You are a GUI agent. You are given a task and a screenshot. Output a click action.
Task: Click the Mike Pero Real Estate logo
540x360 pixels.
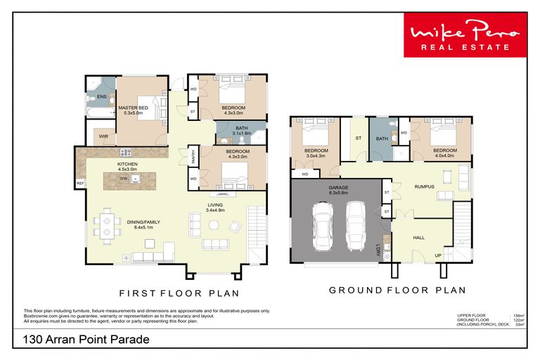click(464, 37)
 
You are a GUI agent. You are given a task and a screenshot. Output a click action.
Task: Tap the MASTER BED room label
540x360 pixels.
click(133, 108)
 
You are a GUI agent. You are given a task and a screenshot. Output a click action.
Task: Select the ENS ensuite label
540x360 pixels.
click(101, 96)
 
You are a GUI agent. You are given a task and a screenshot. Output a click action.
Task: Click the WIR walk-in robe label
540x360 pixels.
click(103, 136)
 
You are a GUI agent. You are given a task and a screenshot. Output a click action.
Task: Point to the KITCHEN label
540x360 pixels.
click(127, 164)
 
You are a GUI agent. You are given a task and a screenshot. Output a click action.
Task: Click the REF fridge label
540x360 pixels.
click(80, 184)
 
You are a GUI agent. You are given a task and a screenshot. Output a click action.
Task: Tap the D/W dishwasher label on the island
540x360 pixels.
click(123, 179)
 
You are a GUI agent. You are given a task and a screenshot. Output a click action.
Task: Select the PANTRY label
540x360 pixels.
click(193, 157)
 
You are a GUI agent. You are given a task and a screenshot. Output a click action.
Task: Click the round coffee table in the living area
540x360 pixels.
click(214, 224)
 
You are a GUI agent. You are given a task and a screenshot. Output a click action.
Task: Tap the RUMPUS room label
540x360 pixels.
click(424, 186)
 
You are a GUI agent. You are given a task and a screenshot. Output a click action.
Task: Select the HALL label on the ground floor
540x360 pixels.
click(419, 238)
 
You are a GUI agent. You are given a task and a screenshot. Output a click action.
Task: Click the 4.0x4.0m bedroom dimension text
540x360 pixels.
click(444, 155)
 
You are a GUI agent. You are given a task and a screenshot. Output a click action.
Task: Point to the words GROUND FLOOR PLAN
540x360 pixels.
click(397, 290)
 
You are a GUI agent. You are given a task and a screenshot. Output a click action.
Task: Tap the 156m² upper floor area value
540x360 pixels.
click(518, 316)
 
